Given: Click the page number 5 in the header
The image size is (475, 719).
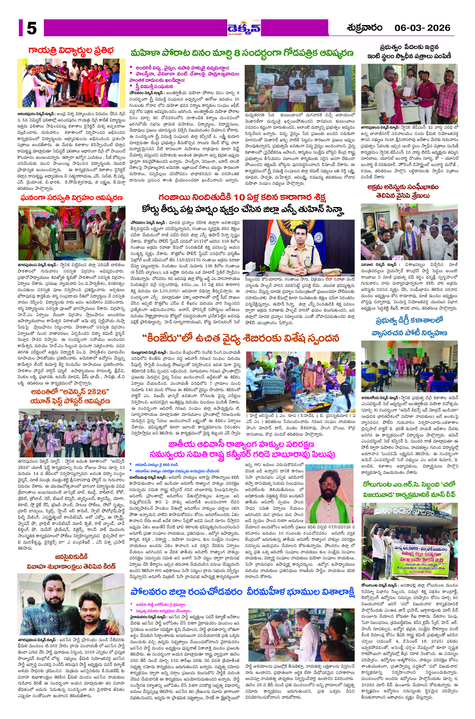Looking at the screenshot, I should (32, 28).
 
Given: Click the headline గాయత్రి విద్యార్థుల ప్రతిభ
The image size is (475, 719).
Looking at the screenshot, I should (71, 50).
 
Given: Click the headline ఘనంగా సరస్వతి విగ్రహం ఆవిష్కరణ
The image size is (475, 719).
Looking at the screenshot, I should (72, 198).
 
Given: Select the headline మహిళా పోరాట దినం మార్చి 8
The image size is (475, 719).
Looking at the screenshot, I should (242, 53).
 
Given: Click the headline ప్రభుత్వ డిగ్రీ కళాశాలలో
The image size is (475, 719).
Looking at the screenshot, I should (409, 321).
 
